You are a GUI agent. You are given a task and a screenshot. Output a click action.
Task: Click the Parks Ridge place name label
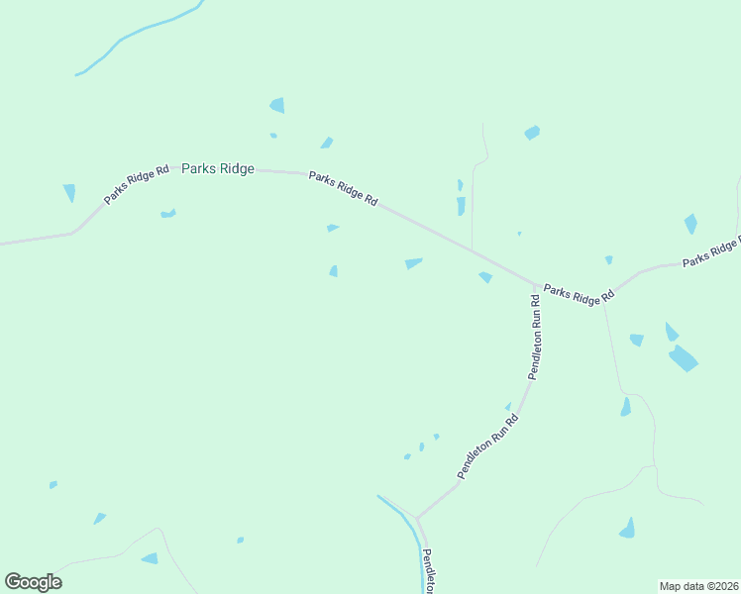coord(218,169)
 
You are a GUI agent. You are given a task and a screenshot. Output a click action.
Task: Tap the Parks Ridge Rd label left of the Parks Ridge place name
coord(137,184)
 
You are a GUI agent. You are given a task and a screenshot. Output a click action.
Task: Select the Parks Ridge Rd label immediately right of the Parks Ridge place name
coord(343,188)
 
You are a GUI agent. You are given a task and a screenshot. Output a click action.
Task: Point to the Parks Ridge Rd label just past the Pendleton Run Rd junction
coord(580,294)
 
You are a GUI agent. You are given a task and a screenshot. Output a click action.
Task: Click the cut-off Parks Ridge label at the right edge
coord(711,251)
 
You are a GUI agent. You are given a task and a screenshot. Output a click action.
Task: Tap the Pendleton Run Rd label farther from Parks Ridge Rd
coord(487,447)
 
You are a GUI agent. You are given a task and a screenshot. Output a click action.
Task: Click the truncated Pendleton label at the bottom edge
coord(428,571)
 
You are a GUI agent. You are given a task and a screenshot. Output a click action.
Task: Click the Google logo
coord(33,582)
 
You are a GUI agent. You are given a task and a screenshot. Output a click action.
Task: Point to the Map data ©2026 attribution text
coord(698,586)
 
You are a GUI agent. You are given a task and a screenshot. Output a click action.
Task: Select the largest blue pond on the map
coord(683,357)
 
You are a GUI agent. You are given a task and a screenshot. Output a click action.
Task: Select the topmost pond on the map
coord(277,105)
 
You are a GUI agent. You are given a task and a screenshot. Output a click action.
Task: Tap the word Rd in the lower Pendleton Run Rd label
coord(512,421)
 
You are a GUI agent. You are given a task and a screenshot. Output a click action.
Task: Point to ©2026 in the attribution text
coord(722,586)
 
